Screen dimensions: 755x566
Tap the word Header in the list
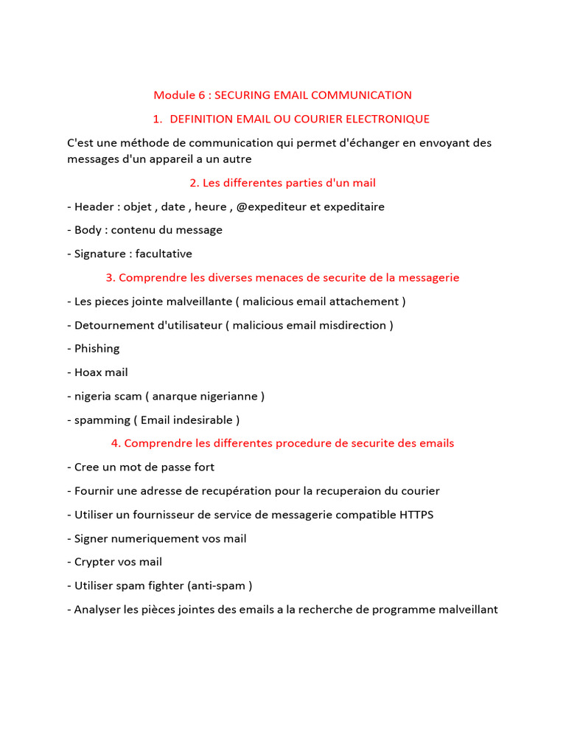coord(94,206)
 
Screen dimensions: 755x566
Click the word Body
coord(87,230)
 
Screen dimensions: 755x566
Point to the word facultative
coord(164,254)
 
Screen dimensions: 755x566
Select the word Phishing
coord(97,349)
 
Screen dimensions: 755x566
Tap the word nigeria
coord(92,396)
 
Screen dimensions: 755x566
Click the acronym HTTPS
coord(417,515)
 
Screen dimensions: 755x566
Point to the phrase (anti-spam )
coord(220,585)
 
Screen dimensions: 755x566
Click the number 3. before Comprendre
coord(111,277)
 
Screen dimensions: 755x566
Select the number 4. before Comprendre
coord(116,443)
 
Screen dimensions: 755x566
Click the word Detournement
coord(111,325)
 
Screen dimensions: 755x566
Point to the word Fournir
coord(93,491)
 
